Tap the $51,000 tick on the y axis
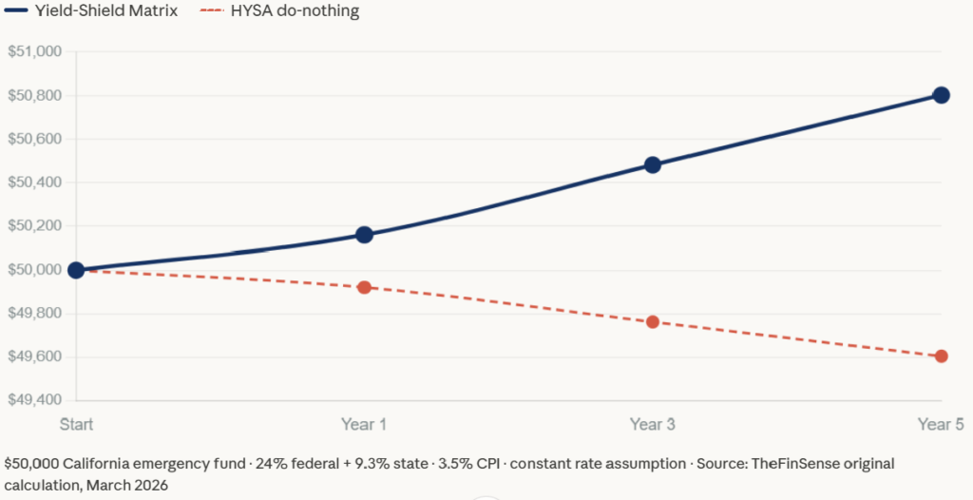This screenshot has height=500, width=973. pyautogui.click(x=34, y=51)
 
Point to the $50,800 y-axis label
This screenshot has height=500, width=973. pyautogui.click(x=34, y=95)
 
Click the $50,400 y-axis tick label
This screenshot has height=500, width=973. pyautogui.click(x=34, y=183)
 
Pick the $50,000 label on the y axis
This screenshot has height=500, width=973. pyautogui.click(x=34, y=270)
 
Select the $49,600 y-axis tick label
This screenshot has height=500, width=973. pyautogui.click(x=34, y=357)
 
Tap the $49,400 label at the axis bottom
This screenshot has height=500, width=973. pyautogui.click(x=34, y=400)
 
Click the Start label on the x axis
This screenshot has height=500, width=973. pyautogui.click(x=77, y=424)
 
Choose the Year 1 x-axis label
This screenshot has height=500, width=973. pyautogui.click(x=364, y=424)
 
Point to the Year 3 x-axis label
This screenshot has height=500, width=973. pyautogui.click(x=652, y=424)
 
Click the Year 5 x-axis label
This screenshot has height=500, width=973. pyautogui.click(x=941, y=424)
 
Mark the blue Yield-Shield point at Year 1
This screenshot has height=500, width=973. pyautogui.click(x=364, y=235)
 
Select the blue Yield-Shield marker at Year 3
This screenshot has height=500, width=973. pyautogui.click(x=652, y=164)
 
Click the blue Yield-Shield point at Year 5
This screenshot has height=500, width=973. pyautogui.click(x=941, y=95)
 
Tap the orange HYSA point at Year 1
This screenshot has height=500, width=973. pyautogui.click(x=364, y=287)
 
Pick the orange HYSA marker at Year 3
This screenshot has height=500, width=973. pyautogui.click(x=652, y=322)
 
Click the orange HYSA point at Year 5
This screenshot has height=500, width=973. pyautogui.click(x=941, y=356)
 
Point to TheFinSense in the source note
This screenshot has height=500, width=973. pyautogui.click(x=790, y=464)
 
